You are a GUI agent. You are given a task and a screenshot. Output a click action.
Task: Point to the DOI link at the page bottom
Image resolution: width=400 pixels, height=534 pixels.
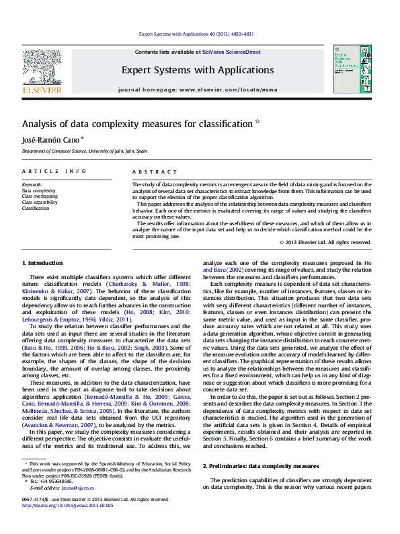(67, 504)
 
